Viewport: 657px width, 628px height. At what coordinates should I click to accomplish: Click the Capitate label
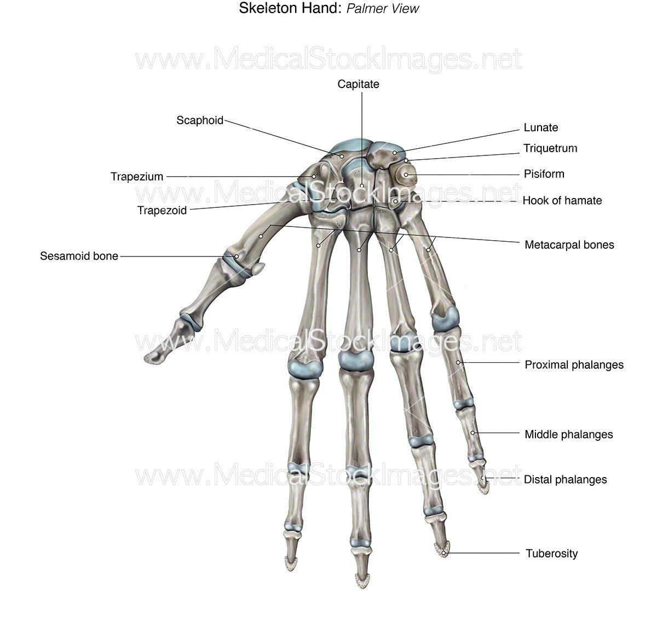click(358, 84)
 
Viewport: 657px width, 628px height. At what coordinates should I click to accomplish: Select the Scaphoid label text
click(200, 120)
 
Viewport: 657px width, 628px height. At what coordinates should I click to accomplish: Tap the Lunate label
click(540, 127)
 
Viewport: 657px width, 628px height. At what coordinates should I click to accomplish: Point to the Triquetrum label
click(550, 148)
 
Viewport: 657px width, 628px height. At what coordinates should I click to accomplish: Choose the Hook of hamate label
click(562, 200)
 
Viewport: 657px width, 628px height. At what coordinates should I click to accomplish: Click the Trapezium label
click(137, 177)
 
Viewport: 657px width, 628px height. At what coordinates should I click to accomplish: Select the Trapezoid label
click(162, 210)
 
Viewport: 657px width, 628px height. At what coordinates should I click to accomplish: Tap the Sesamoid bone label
click(79, 256)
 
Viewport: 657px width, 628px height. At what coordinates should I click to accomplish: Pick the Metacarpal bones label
click(569, 245)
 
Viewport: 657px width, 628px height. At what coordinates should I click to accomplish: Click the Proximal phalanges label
click(574, 364)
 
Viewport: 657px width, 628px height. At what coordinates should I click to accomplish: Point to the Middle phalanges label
click(568, 434)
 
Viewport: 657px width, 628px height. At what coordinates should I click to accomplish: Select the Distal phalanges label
click(565, 479)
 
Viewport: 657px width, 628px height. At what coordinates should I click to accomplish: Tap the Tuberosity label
click(551, 553)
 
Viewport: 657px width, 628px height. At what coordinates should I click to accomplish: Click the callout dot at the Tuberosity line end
click(444, 553)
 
